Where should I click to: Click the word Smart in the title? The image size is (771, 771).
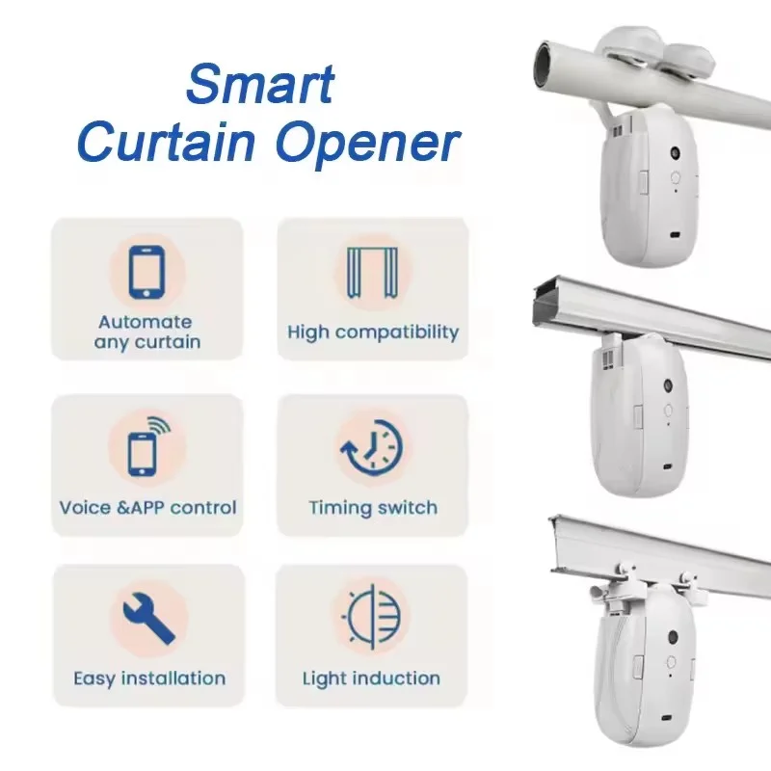[261, 84]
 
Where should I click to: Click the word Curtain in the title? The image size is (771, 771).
[166, 143]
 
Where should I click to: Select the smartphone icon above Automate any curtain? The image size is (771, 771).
[146, 273]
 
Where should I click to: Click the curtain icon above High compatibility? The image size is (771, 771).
[372, 273]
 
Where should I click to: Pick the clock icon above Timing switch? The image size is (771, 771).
[372, 446]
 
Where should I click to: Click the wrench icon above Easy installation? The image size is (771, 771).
[148, 618]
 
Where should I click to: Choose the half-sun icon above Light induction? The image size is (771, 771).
[372, 617]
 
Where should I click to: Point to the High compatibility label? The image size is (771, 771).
[373, 332]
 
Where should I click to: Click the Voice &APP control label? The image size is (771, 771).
[147, 508]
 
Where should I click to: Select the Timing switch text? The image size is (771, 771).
[373, 508]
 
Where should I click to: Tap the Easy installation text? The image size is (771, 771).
[149, 678]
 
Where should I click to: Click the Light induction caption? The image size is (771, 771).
[371, 678]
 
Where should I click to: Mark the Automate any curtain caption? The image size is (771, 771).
[146, 332]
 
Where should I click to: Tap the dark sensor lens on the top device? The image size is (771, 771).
[675, 153]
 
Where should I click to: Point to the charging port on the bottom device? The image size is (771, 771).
[666, 719]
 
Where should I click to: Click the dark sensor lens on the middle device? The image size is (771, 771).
[668, 385]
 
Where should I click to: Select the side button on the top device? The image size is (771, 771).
[643, 181]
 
